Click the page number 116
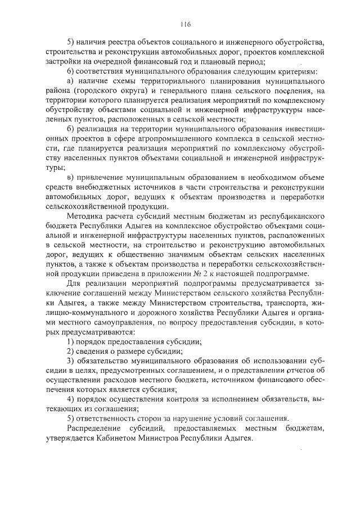click(x=186, y=24)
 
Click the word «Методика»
click(x=85, y=217)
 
